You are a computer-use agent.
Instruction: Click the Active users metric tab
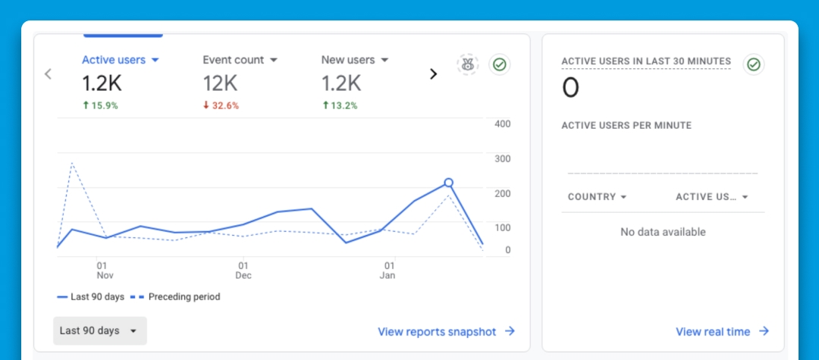tap(120, 60)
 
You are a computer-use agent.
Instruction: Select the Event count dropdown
tap(240, 60)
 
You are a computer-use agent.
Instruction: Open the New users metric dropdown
tap(354, 60)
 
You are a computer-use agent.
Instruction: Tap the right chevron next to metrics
tap(434, 74)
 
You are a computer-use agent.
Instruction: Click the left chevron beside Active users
tap(48, 74)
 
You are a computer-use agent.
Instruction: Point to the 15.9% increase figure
tap(100, 105)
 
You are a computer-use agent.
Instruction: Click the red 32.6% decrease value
tap(221, 105)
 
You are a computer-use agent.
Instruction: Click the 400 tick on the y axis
tap(502, 124)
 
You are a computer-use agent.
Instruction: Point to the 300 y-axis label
tap(502, 158)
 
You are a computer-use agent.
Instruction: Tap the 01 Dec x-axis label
tap(243, 271)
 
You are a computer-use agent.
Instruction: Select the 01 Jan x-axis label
tap(388, 271)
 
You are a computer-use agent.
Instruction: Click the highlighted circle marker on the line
tap(448, 183)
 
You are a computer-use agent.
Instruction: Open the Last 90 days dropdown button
tap(99, 330)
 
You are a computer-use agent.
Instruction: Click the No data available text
tap(663, 232)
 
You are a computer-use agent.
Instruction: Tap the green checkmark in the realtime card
tap(753, 64)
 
